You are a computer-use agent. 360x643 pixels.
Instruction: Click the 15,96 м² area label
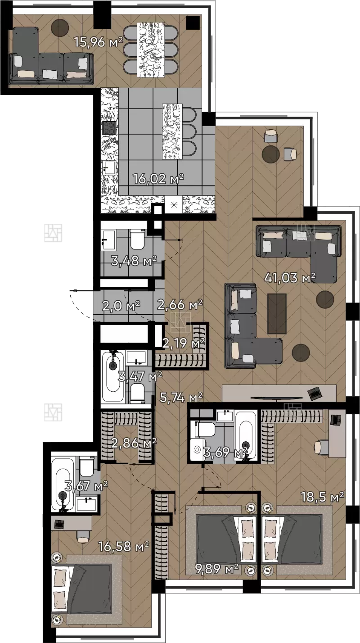(99, 42)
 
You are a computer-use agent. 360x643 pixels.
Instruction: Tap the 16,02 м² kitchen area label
(158, 179)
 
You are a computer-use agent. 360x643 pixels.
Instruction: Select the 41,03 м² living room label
(290, 277)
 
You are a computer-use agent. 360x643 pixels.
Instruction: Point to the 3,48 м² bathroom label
(134, 261)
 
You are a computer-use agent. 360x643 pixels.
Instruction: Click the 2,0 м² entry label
(121, 306)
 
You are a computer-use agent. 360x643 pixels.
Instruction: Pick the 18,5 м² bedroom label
(322, 497)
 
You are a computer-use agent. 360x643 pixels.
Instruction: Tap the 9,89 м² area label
(217, 569)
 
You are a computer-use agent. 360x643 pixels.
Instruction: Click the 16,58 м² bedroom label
(123, 546)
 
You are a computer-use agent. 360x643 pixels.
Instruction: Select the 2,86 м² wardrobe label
(134, 443)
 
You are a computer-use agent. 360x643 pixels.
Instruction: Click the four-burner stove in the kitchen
(109, 127)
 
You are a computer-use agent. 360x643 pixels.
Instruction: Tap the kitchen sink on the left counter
(109, 168)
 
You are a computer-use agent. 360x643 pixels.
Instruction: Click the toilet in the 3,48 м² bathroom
(137, 239)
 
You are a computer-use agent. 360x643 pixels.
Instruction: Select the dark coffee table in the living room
(277, 313)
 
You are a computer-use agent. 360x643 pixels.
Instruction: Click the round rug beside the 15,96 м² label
(60, 27)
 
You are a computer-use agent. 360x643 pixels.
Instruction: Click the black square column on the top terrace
(193, 23)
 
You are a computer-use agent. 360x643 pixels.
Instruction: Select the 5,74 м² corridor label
(181, 398)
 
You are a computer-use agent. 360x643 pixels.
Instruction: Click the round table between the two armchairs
(270, 154)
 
